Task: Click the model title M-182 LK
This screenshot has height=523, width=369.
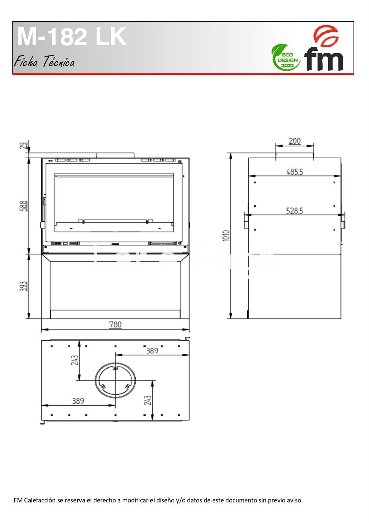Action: [72, 37]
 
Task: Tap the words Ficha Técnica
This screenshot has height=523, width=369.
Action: [44, 62]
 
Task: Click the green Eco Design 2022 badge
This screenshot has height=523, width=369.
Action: [285, 58]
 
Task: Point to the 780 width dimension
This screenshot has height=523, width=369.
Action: [115, 325]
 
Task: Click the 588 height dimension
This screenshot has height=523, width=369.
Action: [23, 206]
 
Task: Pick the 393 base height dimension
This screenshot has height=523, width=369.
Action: [23, 286]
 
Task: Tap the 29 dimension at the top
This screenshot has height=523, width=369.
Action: [23, 146]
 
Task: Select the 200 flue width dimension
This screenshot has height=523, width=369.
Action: [295, 141]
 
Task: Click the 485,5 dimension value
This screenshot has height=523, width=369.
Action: [295, 172]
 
